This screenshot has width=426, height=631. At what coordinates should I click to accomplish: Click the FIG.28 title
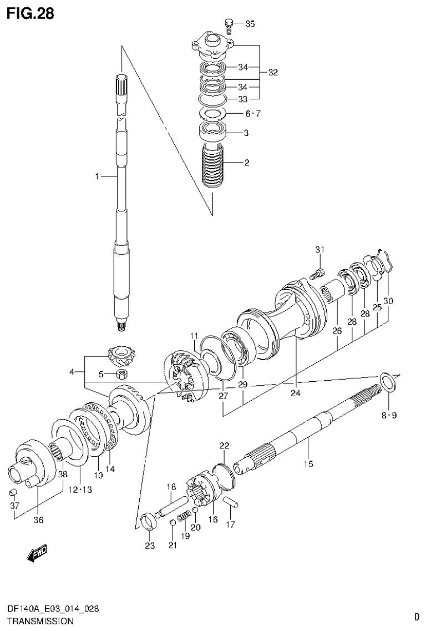pyautogui.click(x=30, y=13)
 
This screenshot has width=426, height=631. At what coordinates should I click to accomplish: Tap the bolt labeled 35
pyautogui.click(x=228, y=23)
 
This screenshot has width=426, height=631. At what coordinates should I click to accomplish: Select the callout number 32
pyautogui.click(x=272, y=72)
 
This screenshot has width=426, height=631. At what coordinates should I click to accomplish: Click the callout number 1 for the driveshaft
pyautogui.click(x=97, y=176)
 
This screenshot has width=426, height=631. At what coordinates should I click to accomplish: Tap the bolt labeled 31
pyautogui.click(x=317, y=272)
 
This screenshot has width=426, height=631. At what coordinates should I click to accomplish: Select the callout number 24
pyautogui.click(x=295, y=393)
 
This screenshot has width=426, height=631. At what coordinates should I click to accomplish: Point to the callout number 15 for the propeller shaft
pyautogui.click(x=308, y=463)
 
